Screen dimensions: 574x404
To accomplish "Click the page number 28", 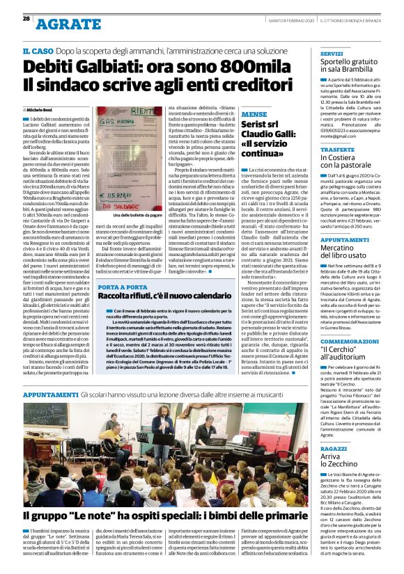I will (x=26, y=18).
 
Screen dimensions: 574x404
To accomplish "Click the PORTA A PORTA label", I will (x=122, y=286).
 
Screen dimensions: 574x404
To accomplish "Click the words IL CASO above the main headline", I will (x=38, y=51).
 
